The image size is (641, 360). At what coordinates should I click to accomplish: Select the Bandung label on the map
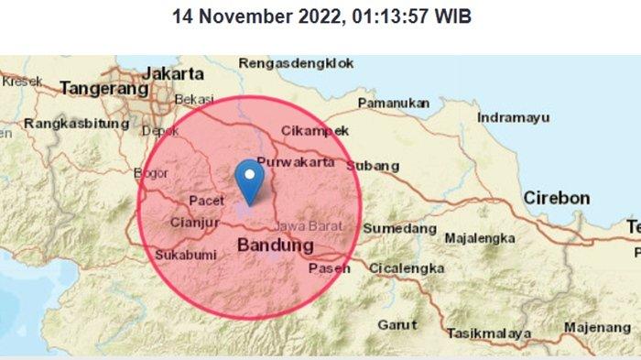(276, 245)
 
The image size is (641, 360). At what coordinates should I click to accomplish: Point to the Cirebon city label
(556, 198)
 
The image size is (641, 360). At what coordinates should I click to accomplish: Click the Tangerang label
(103, 89)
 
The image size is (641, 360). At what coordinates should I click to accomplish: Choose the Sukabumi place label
(184, 254)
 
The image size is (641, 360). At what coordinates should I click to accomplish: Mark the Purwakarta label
(292, 162)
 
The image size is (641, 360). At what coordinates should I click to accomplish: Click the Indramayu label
(513, 118)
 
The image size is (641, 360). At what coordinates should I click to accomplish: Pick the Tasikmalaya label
(488, 333)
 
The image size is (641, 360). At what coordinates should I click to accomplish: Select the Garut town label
(397, 324)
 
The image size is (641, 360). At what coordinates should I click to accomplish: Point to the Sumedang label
(400, 228)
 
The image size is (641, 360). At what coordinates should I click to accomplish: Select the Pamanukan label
(393, 104)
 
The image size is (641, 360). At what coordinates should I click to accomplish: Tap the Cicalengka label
(407, 268)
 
